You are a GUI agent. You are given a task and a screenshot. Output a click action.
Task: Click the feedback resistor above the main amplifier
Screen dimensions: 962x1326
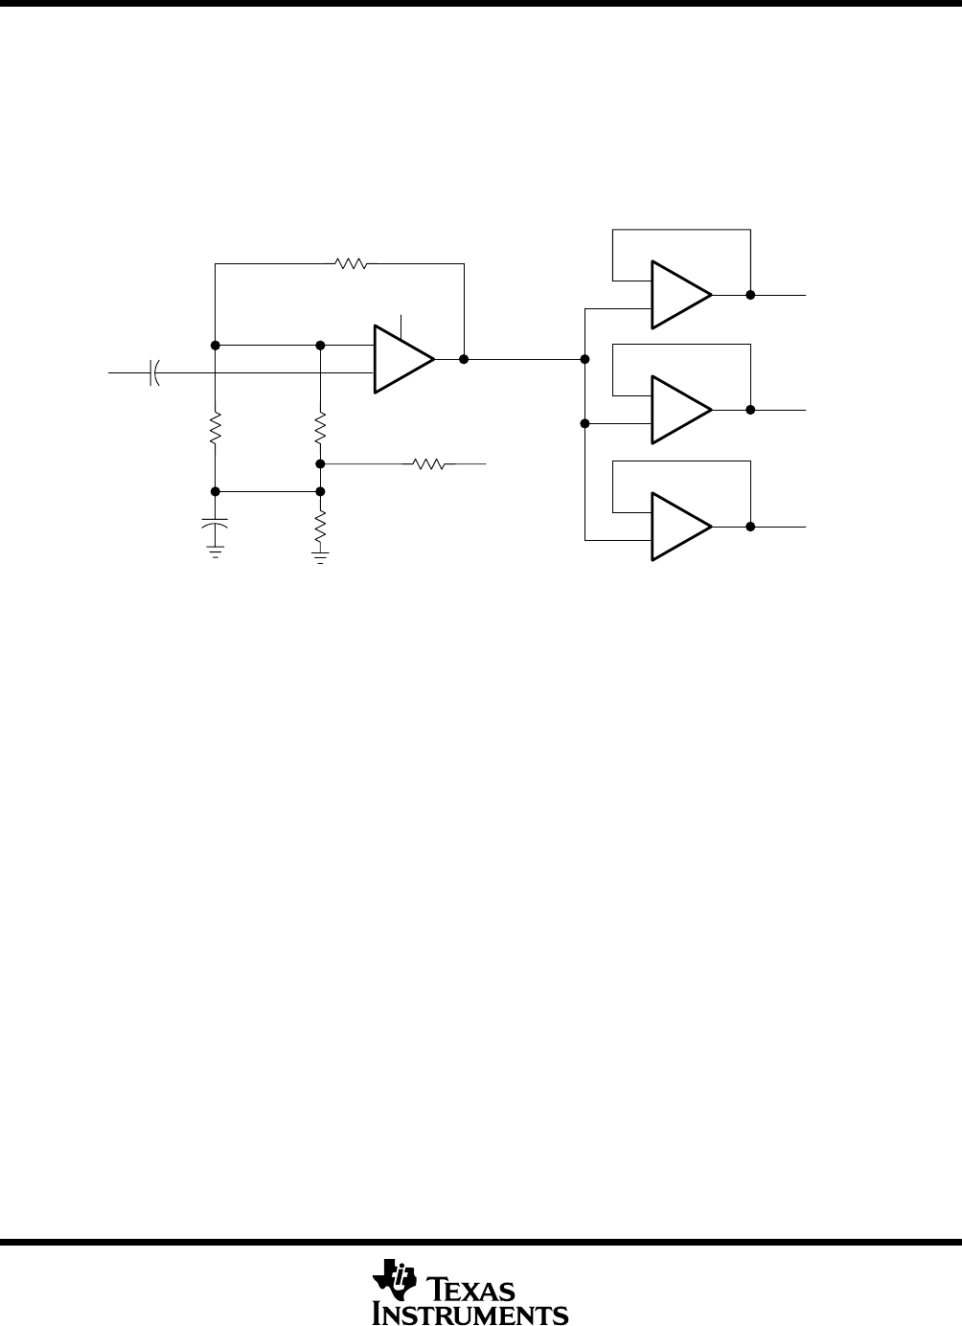tap(351, 263)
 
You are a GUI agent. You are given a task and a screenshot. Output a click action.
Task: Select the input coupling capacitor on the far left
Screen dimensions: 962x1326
tap(154, 373)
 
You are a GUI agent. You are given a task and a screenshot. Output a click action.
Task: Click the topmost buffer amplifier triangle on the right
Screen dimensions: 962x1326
tap(681, 295)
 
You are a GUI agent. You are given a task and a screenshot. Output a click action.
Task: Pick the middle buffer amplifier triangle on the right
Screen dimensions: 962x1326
tap(681, 410)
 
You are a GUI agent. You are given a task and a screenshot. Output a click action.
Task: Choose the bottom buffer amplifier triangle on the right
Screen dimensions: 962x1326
tap(681, 527)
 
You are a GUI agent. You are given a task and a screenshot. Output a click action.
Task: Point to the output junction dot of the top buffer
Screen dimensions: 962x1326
tap(750, 295)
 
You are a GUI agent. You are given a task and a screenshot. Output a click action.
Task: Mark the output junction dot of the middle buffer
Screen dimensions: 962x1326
tap(750, 410)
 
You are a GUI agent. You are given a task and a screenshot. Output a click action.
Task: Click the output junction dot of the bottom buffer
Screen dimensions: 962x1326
tap(750, 527)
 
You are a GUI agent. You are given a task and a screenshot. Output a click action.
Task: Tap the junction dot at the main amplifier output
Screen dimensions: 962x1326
tap(464, 359)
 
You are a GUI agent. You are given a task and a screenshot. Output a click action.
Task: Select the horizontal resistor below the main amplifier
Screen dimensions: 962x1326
tap(429, 464)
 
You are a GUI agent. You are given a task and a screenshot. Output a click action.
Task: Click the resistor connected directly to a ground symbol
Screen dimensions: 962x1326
tap(320, 527)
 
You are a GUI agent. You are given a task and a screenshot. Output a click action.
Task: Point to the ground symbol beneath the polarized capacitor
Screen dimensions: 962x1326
tap(215, 552)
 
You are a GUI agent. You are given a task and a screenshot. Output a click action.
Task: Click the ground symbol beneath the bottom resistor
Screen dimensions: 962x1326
tap(320, 557)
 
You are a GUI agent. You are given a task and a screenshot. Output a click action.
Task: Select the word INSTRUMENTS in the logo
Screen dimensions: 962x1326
tap(470, 1312)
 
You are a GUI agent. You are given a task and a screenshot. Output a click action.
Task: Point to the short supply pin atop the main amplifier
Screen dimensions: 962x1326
tap(401, 327)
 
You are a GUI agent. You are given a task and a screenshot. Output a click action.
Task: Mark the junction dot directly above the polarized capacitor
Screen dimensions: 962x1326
tap(215, 491)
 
